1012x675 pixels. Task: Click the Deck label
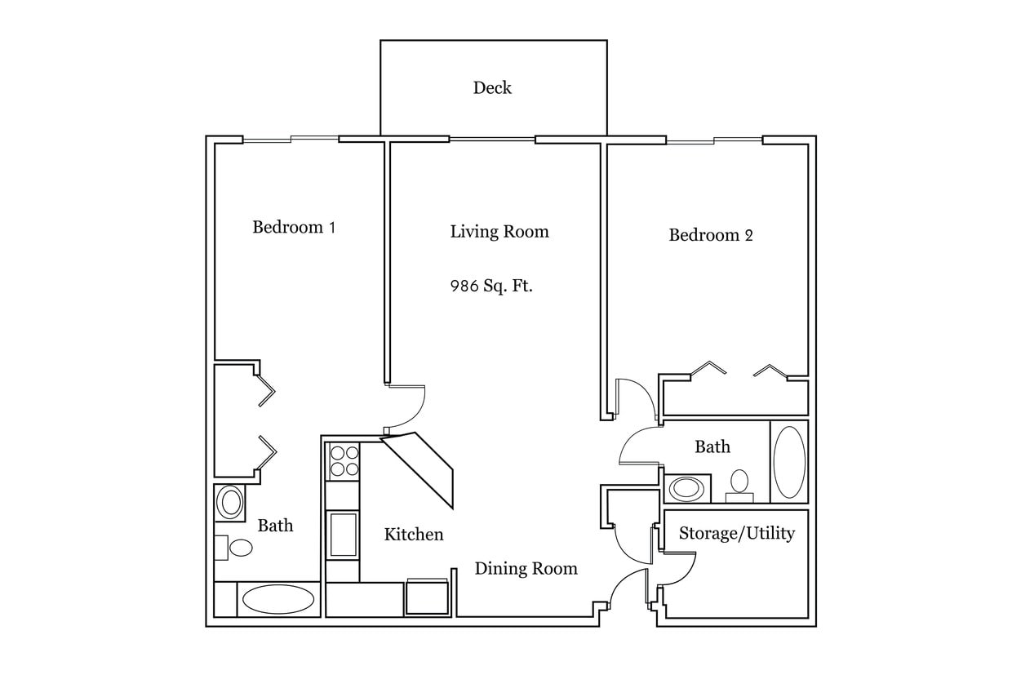[x=492, y=88]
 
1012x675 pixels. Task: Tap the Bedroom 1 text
[x=294, y=227]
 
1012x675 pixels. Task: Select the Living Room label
[x=499, y=232]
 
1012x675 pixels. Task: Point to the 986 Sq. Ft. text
[x=491, y=286]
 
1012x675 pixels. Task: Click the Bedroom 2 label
[x=711, y=236]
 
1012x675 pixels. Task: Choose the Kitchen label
[x=414, y=535]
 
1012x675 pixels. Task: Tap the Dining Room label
[x=526, y=569]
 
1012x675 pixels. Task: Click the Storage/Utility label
[x=736, y=534]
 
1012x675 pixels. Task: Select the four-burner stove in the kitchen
[x=343, y=461]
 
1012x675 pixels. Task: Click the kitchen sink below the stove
[x=343, y=534]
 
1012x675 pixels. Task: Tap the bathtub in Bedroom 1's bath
[x=278, y=599]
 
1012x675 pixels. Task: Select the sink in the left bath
[x=230, y=502]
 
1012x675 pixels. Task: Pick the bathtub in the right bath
[x=789, y=462]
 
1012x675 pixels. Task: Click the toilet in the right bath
[x=739, y=482]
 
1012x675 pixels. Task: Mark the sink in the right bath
[x=686, y=489]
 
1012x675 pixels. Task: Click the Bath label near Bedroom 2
[x=712, y=447]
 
